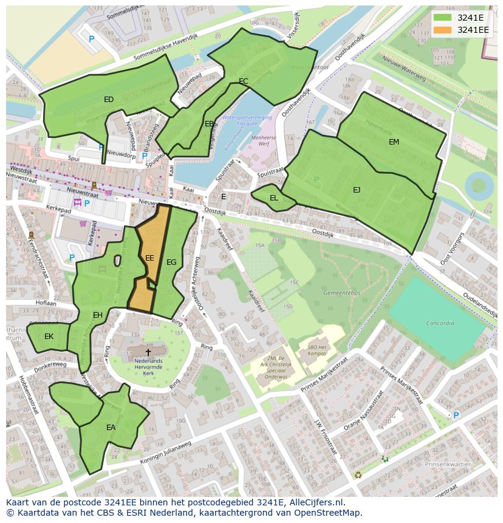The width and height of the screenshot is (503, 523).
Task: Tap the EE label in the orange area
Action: click(x=149, y=258)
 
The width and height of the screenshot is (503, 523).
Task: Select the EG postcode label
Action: click(x=171, y=262)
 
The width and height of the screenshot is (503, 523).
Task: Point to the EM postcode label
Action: click(x=394, y=142)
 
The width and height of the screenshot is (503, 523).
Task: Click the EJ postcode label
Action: click(x=357, y=190)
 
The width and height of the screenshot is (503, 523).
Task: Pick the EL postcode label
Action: click(x=274, y=198)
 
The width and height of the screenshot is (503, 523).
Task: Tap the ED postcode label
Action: click(x=109, y=99)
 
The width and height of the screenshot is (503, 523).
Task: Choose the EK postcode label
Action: click(x=49, y=336)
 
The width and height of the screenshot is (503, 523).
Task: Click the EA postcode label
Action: click(x=111, y=428)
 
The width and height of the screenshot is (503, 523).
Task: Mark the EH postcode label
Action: click(x=97, y=315)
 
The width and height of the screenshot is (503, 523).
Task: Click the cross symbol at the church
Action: click(x=148, y=352)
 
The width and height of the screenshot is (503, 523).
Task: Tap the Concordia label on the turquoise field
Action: click(x=440, y=323)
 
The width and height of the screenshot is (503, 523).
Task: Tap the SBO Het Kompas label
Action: click(x=317, y=350)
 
